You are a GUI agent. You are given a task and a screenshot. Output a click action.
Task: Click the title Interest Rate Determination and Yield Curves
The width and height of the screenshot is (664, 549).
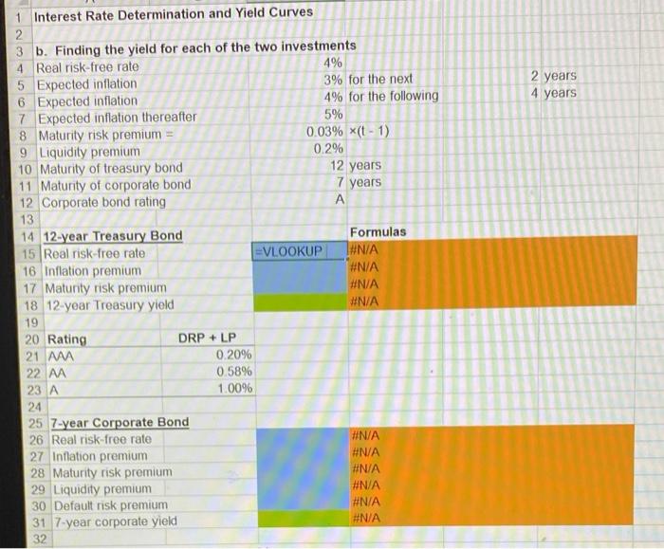(174, 13)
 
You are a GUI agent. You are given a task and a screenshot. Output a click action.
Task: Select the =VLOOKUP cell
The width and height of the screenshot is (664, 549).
(288, 252)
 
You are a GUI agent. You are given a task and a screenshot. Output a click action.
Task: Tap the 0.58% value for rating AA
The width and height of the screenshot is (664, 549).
(233, 372)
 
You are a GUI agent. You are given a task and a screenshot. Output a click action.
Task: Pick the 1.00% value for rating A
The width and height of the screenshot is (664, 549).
(233, 389)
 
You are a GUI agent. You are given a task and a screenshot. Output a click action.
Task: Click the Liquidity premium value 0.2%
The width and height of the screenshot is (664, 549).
(327, 150)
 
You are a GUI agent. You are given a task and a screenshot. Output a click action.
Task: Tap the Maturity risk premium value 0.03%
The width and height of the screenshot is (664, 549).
(323, 133)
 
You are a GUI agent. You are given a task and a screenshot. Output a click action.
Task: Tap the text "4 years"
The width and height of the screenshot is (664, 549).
(553, 93)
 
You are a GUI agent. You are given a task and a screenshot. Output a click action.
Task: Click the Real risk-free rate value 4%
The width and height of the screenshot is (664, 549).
(332, 64)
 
